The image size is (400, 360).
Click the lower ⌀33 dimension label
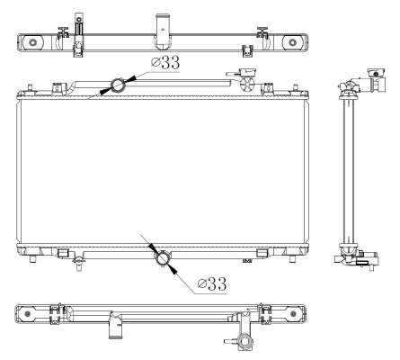point(210,283)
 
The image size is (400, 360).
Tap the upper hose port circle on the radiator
point(117,86)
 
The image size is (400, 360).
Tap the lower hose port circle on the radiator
point(164,258)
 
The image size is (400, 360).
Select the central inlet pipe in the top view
point(163,24)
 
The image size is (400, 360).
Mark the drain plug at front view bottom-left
point(79,263)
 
